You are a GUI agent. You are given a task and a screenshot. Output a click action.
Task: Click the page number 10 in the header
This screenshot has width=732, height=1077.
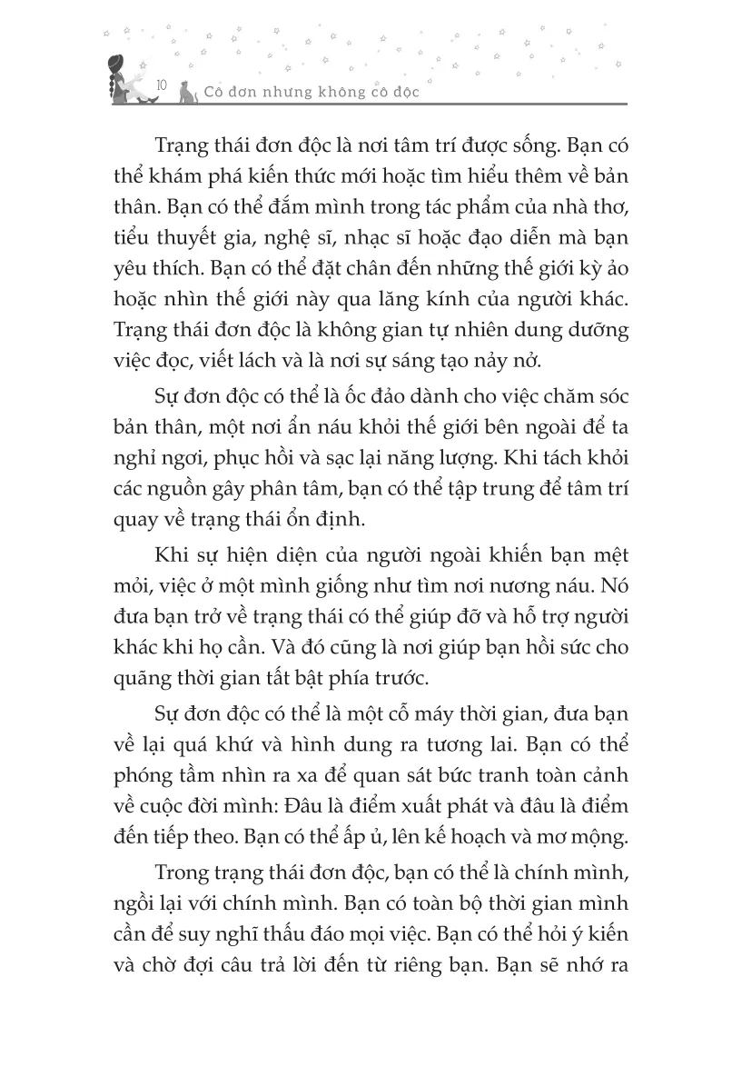[161, 85]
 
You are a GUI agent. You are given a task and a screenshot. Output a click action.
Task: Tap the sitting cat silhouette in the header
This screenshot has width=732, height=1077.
[187, 91]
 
